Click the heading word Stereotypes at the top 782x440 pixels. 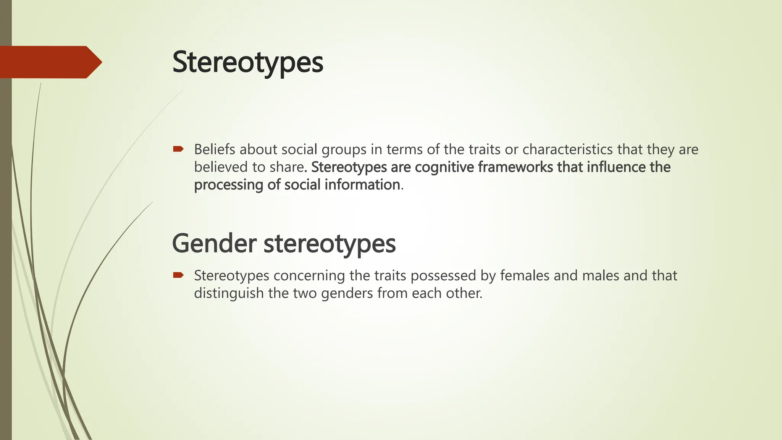pyautogui.click(x=248, y=62)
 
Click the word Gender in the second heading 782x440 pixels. pyautogui.click(x=214, y=243)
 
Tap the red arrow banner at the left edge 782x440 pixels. pyautogui.click(x=50, y=62)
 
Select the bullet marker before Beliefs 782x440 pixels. pyautogui.click(x=178, y=149)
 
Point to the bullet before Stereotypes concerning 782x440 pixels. pyautogui.click(x=178, y=275)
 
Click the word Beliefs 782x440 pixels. pyautogui.click(x=215, y=149)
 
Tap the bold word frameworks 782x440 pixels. pyautogui.click(x=515, y=167)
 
